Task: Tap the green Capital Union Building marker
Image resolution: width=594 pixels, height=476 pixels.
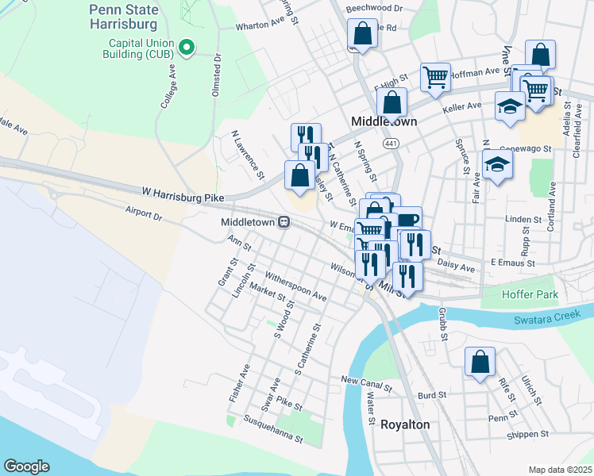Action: point(187,48)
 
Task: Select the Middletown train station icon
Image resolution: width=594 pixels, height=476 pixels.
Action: point(283,223)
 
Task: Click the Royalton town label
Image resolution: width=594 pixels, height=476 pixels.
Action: point(405,424)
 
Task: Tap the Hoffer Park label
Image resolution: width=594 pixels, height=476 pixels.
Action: point(530,294)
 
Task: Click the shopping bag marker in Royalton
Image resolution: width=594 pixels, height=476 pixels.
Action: point(480,363)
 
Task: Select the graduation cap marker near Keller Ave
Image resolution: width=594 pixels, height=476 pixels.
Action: point(509,106)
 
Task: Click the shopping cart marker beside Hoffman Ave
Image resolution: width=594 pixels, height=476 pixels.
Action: point(435,77)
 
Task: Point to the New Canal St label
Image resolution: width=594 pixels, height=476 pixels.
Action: point(367,385)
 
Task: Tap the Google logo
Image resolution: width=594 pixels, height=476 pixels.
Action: point(26,466)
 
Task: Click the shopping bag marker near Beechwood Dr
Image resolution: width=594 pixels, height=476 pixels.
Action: point(362,34)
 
